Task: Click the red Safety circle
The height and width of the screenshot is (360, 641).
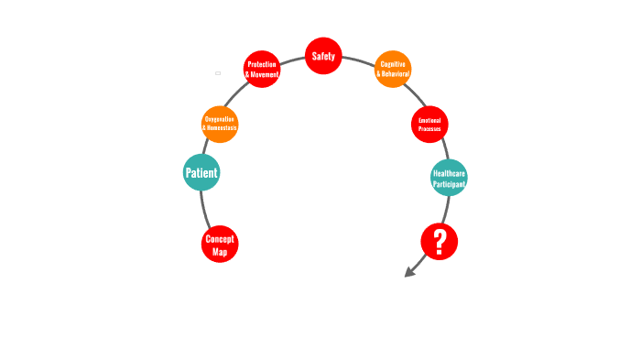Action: tap(323, 56)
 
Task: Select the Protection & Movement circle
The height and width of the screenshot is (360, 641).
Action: tap(262, 69)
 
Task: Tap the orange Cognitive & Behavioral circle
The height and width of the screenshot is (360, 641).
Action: tap(393, 69)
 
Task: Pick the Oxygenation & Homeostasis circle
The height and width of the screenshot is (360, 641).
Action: tap(220, 124)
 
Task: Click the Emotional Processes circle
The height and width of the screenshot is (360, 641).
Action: tap(429, 125)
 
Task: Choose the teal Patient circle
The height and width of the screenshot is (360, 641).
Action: tap(201, 172)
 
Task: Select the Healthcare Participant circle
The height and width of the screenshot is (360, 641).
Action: tap(449, 178)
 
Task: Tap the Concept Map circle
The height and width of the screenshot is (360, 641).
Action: tap(220, 244)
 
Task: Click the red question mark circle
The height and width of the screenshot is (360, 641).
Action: tap(440, 242)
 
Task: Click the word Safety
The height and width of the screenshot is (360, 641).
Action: tap(323, 56)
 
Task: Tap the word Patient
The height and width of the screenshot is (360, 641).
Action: tap(201, 172)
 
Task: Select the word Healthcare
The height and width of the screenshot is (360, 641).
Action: tap(449, 172)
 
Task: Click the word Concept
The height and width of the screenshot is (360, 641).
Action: tap(220, 238)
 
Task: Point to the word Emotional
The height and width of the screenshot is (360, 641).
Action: tap(429, 120)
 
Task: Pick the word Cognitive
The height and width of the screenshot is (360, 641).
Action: tap(393, 64)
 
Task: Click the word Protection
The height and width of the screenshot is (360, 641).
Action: tap(262, 64)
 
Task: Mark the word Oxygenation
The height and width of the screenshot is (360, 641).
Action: tap(220, 119)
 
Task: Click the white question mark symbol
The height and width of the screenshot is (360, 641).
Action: tap(440, 242)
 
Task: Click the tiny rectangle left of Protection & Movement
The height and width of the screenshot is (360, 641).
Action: tap(218, 72)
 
